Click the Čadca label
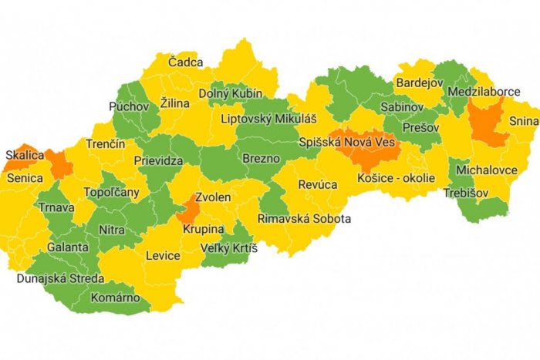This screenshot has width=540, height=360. click(187, 62)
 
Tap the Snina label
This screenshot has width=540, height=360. click(522, 121)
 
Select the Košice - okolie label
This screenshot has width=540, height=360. click(396, 178)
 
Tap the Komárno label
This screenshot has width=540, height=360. click(115, 297)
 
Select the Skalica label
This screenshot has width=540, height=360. click(23, 154)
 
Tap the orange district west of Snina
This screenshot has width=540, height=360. click(486, 123)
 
